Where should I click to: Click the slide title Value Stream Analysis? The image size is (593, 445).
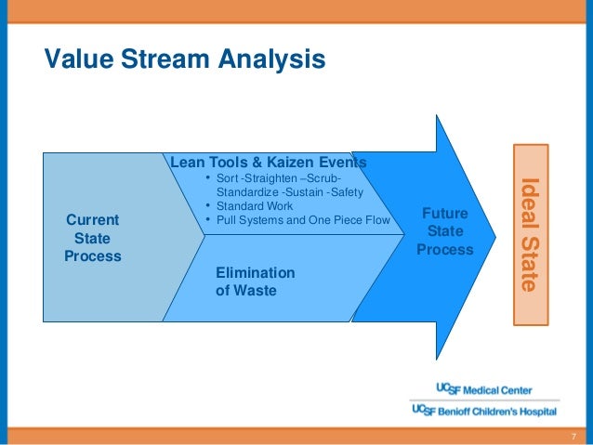pyautogui.click(x=185, y=60)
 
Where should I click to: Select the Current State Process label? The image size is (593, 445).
pyautogui.click(x=93, y=237)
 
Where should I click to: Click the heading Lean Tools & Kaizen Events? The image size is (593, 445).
pyautogui.click(x=268, y=162)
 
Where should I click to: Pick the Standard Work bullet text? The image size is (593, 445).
pyautogui.click(x=256, y=206)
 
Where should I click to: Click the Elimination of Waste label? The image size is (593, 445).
pyautogui.click(x=255, y=281)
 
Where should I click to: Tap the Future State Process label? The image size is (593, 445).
pyautogui.click(x=445, y=232)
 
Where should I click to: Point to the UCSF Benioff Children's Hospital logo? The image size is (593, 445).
pyautogui.click(x=483, y=410)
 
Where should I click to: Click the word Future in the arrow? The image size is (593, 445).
pyautogui.click(x=445, y=214)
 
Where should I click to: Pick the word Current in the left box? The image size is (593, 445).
pyautogui.click(x=93, y=220)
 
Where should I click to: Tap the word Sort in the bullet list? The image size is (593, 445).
pyautogui.click(x=228, y=178)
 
